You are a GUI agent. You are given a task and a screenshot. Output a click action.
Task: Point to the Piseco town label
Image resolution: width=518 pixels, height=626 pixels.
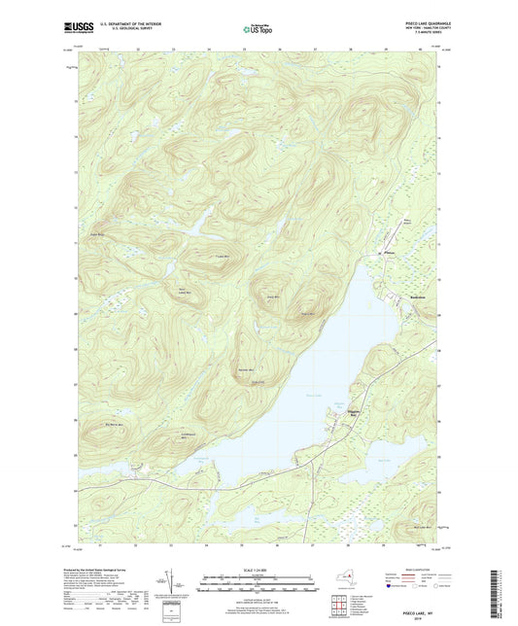[x=388, y=255]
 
